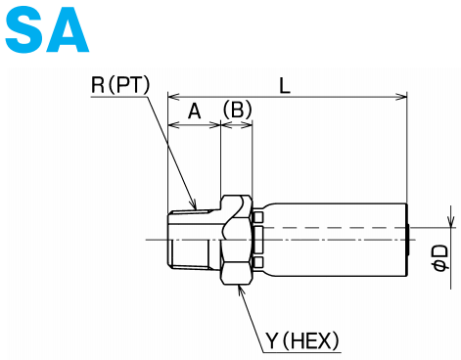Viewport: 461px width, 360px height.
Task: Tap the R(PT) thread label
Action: pos(119,85)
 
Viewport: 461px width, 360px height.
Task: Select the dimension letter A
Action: pos(194,112)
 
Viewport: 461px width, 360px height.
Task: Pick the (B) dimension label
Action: pos(237,112)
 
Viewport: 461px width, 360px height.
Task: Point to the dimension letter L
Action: pos(285,86)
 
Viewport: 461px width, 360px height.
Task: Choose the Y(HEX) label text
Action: pos(302,340)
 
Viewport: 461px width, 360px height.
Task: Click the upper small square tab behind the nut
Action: pos(257,216)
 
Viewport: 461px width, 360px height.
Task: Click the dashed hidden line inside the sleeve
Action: pos(333,228)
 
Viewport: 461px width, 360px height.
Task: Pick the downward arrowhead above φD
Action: pos(450,223)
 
